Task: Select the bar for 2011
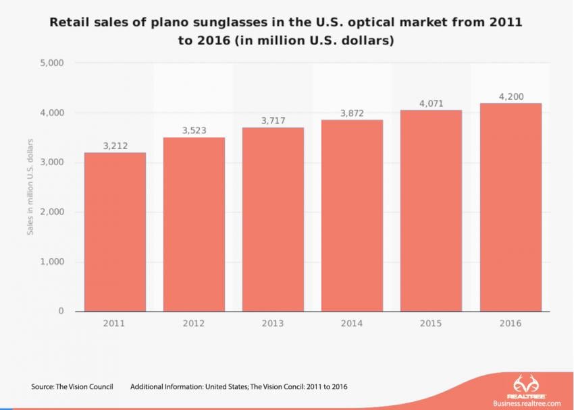coord(115,232)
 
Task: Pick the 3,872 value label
coord(352,113)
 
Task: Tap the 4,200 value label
coord(511,97)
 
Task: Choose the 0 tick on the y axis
coord(60,312)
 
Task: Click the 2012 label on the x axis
coord(194,324)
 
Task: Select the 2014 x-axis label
coord(352,324)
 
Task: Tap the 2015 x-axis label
coord(431,324)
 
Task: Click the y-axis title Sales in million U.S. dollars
coord(30,188)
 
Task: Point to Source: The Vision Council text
coord(72,387)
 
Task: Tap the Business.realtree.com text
coord(527,403)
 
